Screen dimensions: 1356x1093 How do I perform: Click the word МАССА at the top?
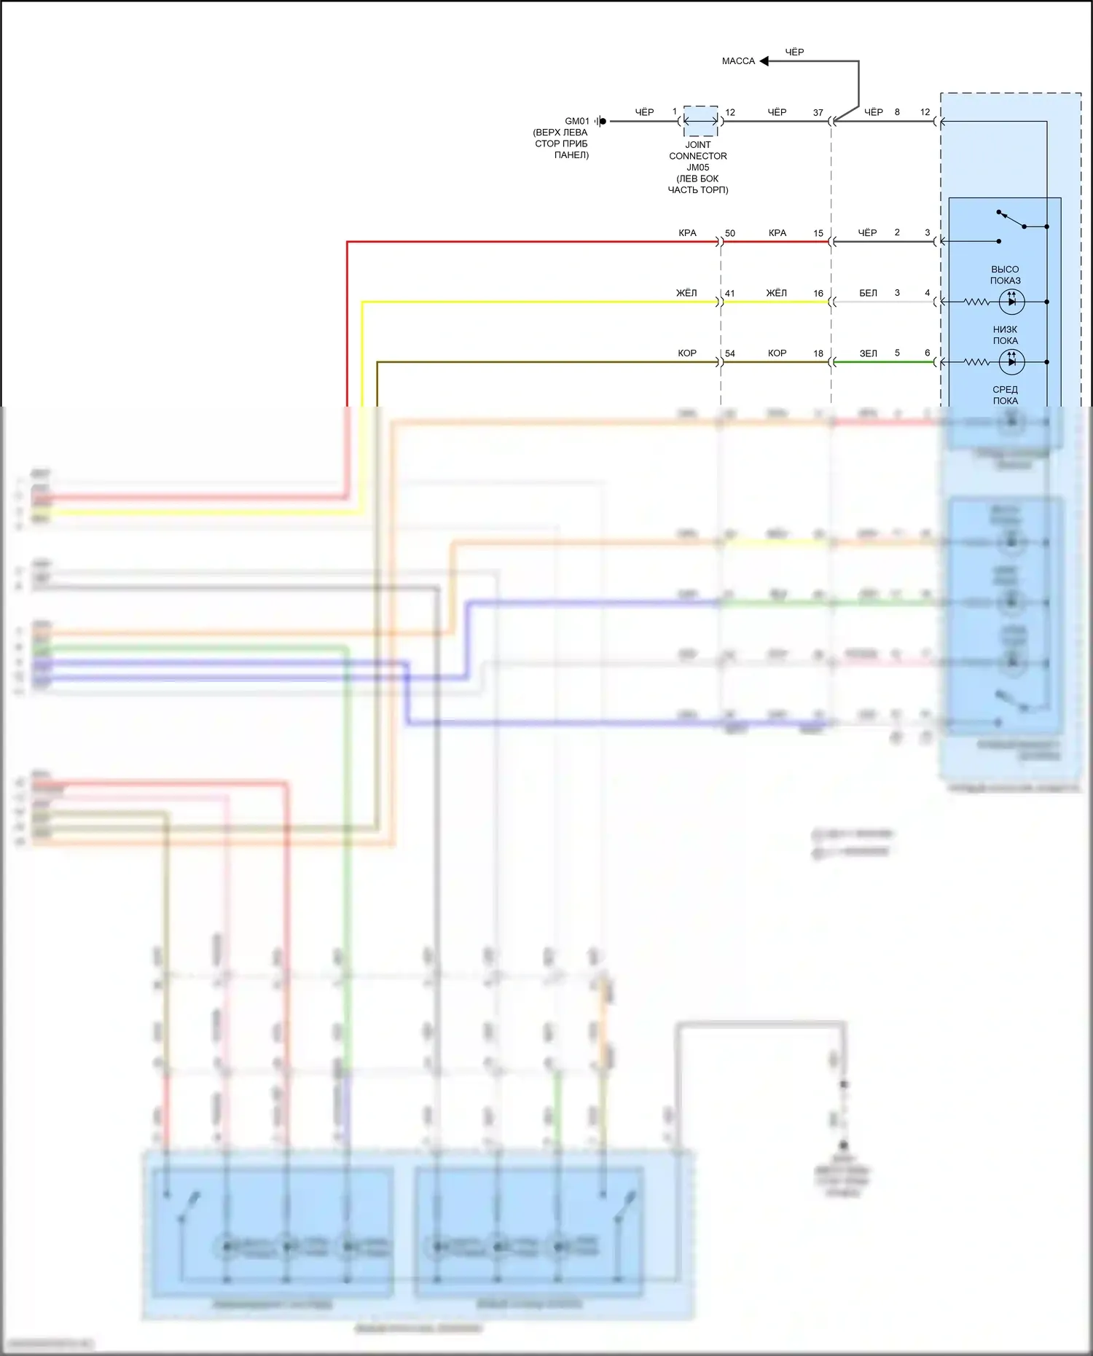click(x=738, y=61)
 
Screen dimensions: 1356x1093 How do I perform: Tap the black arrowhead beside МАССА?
click(x=764, y=61)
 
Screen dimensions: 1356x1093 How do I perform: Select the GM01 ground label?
click(x=576, y=122)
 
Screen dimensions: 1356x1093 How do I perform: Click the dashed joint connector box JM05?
click(x=700, y=121)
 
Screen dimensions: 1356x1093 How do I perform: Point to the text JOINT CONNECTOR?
click(x=698, y=151)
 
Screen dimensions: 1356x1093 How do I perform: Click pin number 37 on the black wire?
click(x=818, y=113)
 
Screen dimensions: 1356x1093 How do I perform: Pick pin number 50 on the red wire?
click(x=730, y=233)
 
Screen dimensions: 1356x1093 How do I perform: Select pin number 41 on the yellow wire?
click(x=730, y=294)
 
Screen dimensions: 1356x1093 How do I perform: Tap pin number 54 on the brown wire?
click(x=730, y=353)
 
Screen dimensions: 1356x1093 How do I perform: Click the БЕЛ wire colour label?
click(x=868, y=293)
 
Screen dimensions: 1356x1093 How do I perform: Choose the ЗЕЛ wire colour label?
click(x=868, y=353)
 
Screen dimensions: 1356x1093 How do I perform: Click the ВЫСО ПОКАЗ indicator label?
click(x=1005, y=275)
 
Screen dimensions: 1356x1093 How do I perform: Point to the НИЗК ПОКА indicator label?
click(x=1005, y=335)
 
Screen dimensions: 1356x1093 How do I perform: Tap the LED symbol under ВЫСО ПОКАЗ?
click(x=1011, y=302)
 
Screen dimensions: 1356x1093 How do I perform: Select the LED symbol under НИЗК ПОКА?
click(x=1011, y=362)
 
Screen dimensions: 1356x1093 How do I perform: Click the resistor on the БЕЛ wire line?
click(x=976, y=302)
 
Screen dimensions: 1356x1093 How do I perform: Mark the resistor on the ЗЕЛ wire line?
click(x=976, y=362)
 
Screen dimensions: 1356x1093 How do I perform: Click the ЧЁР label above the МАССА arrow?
click(x=794, y=52)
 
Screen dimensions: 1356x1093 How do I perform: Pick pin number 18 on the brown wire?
click(x=818, y=353)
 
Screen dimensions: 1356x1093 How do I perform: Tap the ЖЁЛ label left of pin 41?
click(x=686, y=293)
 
